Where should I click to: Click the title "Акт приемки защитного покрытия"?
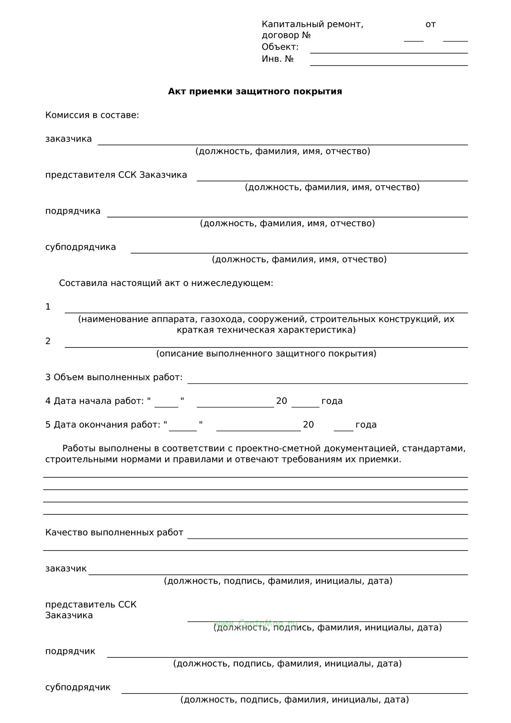[255, 92]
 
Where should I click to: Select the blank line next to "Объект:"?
[388, 52]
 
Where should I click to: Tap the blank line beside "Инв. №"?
[388, 64]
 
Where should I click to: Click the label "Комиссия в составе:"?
[92, 115]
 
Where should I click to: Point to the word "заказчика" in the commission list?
[69, 139]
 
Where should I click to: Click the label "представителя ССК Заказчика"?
[116, 175]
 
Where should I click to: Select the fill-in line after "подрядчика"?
[287, 216]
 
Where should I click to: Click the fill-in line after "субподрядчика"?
[299, 252]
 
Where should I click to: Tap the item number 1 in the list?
[48, 307]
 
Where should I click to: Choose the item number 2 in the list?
[48, 341]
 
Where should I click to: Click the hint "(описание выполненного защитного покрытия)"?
[266, 354]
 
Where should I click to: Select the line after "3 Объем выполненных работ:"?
[327, 382]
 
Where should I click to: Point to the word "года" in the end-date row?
[366, 425]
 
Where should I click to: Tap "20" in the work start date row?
[281, 401]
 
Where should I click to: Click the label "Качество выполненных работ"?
[114, 533]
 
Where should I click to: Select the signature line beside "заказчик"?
[278, 574]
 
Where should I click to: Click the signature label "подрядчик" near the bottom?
[70, 651]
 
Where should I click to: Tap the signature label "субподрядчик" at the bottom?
[78, 687]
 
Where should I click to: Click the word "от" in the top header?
[431, 24]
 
